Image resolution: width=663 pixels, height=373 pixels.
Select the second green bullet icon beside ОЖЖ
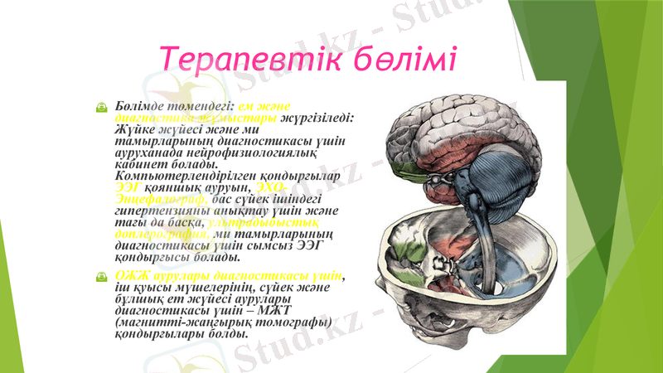(x=100, y=276)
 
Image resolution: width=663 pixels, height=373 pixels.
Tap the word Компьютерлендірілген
(x=179, y=177)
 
